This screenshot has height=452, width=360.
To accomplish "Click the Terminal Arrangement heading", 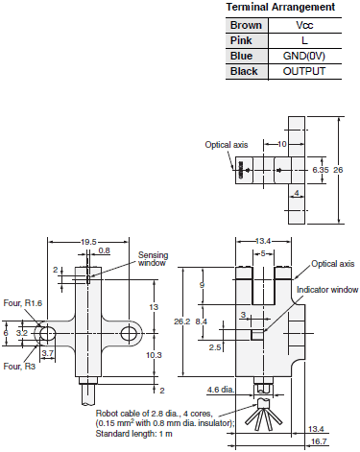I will coord(280,7).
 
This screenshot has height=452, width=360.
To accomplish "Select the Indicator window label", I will coord(326,289).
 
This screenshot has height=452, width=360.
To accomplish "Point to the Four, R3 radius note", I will coord(18,366).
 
